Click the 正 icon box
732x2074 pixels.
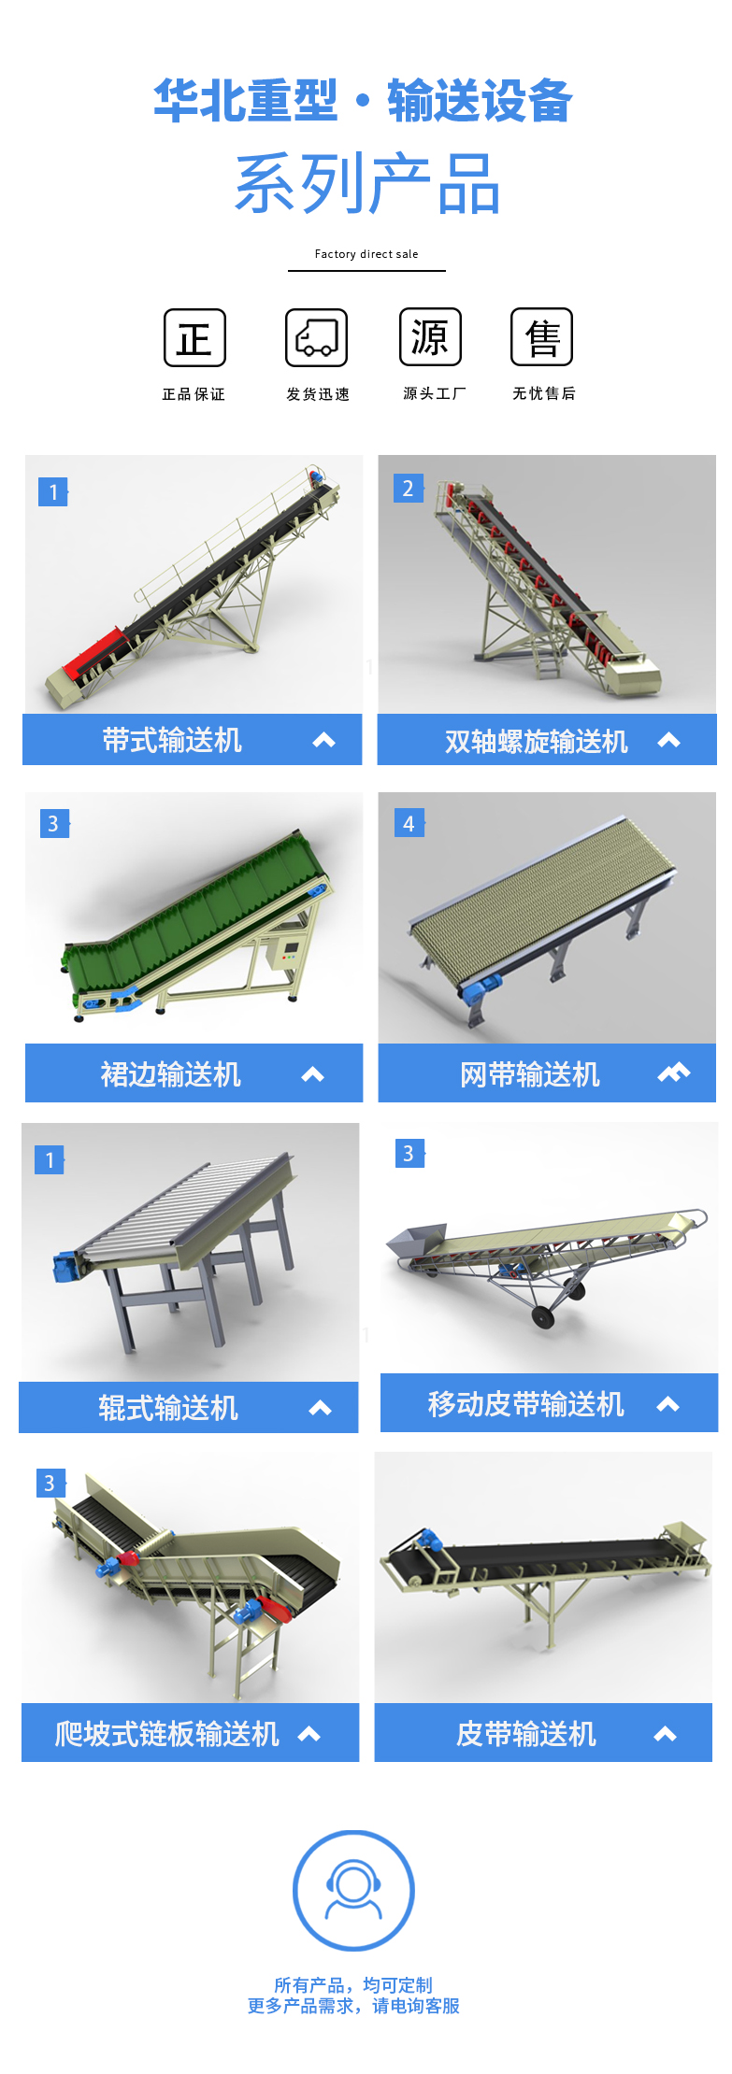[194, 337]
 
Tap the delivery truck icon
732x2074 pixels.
[316, 337]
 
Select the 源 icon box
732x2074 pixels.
[430, 336]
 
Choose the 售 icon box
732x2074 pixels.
[541, 336]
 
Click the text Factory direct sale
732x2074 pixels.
[366, 254]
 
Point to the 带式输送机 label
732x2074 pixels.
[172, 741]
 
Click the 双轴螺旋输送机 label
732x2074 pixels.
[537, 742]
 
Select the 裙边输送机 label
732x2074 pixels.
[171, 1074]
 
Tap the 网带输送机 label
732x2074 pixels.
[530, 1074]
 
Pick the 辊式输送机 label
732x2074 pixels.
[168, 1408]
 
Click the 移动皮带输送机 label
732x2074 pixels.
[525, 1404]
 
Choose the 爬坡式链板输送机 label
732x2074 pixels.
[167, 1734]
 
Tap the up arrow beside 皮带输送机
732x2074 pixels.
[666, 1735]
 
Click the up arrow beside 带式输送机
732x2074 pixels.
[324, 741]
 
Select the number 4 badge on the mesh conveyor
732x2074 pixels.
[409, 823]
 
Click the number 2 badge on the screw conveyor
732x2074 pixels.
[408, 489]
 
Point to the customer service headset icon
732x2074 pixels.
[353, 1890]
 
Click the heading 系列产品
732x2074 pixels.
[367, 184]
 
